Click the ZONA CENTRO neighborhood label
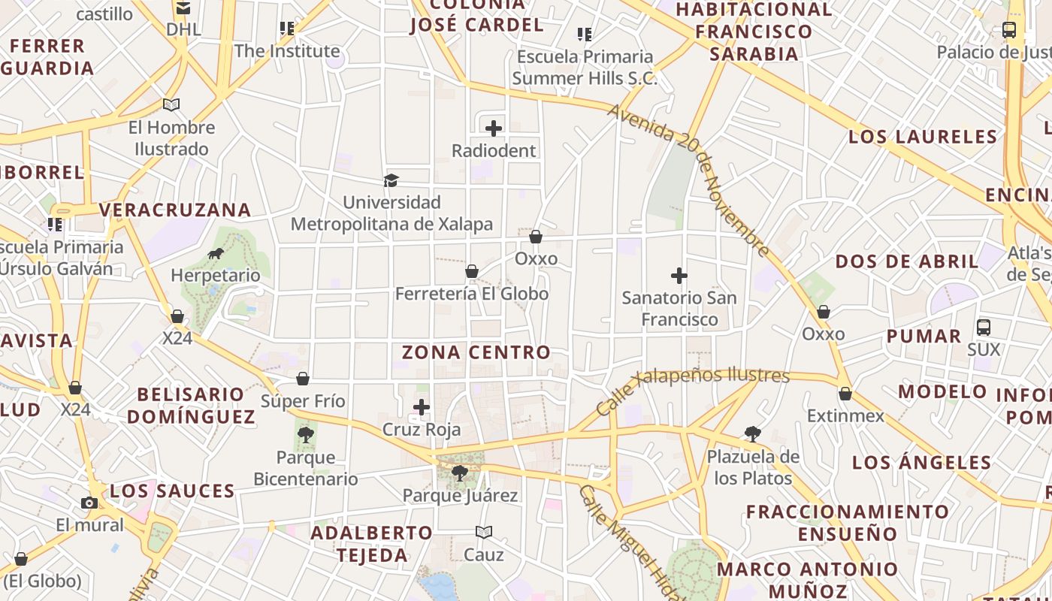[476, 352]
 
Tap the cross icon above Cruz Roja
[422, 407]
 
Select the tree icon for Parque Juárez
[459, 473]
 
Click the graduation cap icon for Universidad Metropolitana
[391, 180]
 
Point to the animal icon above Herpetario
[216, 253]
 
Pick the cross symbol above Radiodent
[494, 128]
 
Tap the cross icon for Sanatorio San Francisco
[679, 276]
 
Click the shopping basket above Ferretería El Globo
[472, 271]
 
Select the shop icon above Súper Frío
[303, 379]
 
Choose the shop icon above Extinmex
[845, 394]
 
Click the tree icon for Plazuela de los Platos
[752, 433]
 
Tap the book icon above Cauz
[484, 532]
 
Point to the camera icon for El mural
[89, 503]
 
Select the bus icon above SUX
[984, 328]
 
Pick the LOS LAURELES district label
[923, 137]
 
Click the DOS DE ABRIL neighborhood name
[907, 261]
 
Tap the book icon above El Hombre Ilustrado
[171, 105]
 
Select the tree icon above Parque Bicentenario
[305, 434]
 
